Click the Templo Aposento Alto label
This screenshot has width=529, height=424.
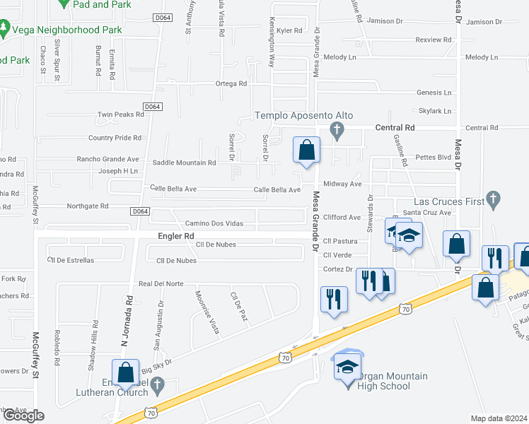click(x=303, y=115)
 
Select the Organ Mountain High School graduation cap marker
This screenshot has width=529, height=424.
click(x=347, y=367)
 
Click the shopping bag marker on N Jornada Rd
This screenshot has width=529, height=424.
click(x=125, y=372)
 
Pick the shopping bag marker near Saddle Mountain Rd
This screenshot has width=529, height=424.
click(x=307, y=150)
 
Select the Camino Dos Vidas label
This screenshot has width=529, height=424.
click(x=214, y=223)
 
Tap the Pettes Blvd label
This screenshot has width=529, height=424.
click(x=433, y=157)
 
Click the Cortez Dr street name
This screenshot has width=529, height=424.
click(x=337, y=269)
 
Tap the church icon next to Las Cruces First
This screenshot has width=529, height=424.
click(x=496, y=202)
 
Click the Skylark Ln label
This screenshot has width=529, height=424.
click(x=434, y=111)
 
